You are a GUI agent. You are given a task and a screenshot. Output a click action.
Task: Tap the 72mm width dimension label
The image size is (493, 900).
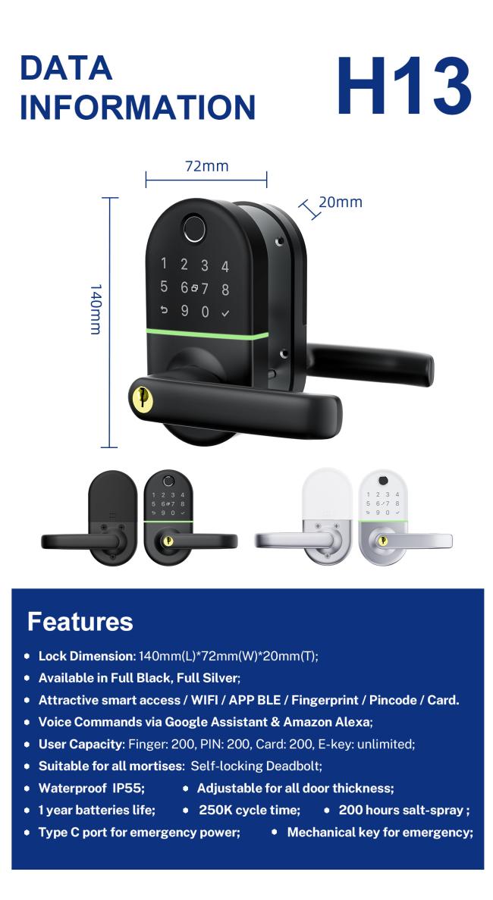(x=206, y=167)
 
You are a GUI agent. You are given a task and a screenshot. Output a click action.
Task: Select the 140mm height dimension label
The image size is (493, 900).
(x=96, y=309)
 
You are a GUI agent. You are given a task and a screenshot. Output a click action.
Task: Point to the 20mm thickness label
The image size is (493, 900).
(x=341, y=202)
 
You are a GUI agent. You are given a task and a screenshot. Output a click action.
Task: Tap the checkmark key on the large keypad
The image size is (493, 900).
(x=225, y=313)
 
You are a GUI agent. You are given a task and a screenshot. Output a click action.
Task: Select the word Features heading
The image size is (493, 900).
(x=80, y=622)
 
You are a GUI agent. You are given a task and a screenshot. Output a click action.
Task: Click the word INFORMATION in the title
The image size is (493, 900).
(x=138, y=107)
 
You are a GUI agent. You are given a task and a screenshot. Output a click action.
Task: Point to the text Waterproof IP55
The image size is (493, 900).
(x=91, y=788)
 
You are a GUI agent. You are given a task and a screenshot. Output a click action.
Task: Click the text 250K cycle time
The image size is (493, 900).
(x=250, y=810)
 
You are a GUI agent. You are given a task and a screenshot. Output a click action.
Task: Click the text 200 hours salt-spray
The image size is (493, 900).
(x=404, y=811)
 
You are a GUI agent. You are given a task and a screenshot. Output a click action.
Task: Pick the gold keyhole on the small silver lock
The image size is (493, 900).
(x=384, y=540)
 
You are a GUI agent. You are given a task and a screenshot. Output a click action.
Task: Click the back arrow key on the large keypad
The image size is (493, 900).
(x=164, y=310)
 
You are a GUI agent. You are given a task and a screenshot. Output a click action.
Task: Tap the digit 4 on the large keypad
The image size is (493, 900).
(x=225, y=266)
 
